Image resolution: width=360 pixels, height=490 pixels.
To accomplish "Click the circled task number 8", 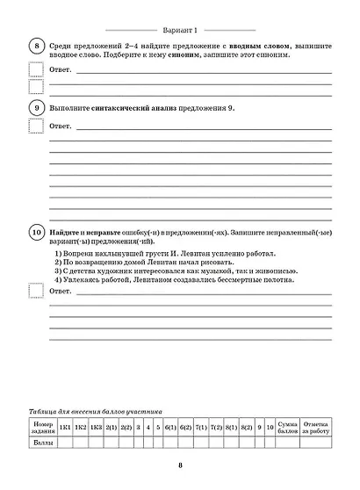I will (x=36, y=47).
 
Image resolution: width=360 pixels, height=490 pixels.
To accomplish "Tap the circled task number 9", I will (x=36, y=108).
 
